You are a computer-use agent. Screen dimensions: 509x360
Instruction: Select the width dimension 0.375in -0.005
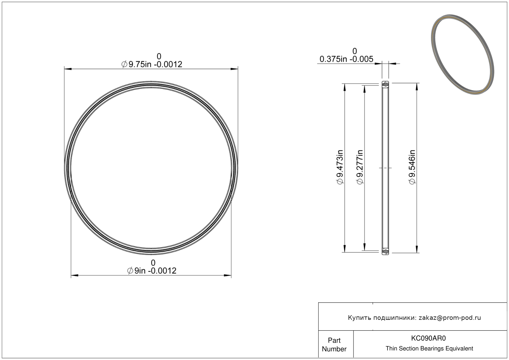[x=346, y=59]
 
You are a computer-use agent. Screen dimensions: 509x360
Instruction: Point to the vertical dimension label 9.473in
[x=340, y=167]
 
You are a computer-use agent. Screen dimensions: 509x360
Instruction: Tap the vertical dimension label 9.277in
[x=360, y=167]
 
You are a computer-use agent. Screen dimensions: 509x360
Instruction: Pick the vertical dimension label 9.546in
[x=412, y=167]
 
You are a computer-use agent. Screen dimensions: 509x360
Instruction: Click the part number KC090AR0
[x=428, y=338]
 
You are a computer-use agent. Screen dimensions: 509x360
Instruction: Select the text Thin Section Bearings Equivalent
[x=429, y=349]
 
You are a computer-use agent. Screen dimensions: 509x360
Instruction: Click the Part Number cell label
[x=334, y=345]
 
